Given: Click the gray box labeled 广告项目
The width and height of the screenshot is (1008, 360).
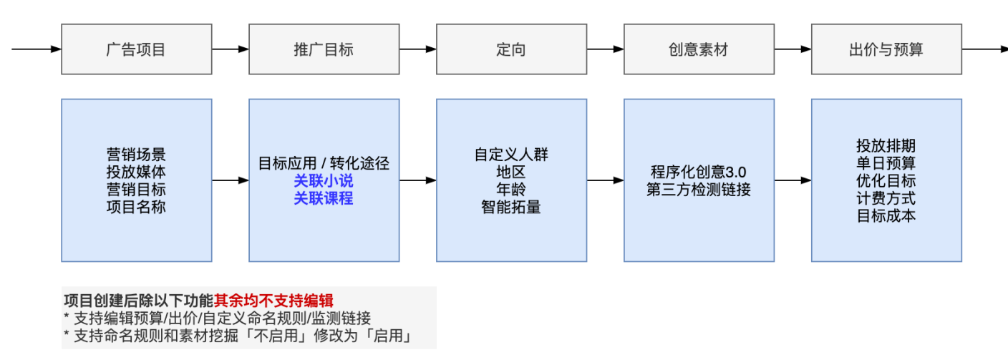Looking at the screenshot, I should pos(136,49).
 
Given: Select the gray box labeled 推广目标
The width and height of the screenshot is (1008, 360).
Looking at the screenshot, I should pos(324,49).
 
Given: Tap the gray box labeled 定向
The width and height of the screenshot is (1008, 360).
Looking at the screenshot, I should pos(511,49).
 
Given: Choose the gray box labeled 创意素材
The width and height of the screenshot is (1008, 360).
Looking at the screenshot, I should pos(699,49).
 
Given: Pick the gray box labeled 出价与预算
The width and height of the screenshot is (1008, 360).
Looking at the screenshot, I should pos(886,49).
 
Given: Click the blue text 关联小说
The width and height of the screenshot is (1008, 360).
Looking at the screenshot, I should pos(324,181).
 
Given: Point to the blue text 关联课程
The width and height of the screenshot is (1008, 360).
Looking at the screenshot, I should pos(324,198).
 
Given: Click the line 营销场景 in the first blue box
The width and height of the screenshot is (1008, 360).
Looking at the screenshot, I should pos(136,155).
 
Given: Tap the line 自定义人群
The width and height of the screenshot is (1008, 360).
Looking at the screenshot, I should pos(511,155).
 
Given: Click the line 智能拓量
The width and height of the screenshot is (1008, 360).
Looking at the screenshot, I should pos(511,208).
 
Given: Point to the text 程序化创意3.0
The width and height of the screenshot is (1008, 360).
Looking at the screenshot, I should pos(699,172).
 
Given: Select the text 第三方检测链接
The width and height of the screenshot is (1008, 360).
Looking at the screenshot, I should pos(699,190).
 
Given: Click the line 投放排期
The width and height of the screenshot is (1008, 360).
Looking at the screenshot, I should pos(886,145).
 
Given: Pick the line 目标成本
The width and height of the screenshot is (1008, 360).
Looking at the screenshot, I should pos(886,215).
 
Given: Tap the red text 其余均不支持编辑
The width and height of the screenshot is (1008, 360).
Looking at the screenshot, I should pos(273,301).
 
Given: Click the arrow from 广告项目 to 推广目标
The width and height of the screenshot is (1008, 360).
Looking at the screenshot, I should pos(231,49).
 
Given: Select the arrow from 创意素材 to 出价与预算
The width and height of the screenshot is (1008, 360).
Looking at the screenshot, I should pos(793,49).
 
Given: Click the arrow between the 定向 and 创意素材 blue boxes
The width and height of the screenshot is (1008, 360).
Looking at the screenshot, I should pos(605,180).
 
